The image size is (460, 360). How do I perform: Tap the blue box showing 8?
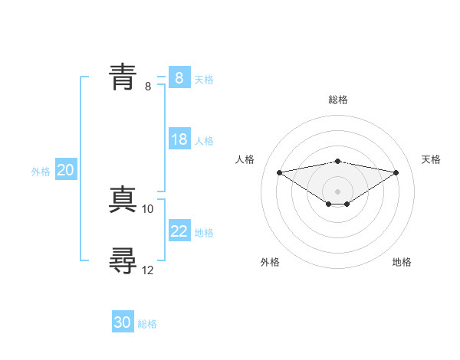(179, 78)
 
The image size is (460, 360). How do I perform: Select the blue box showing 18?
(179, 139)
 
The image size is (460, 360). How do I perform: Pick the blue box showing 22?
(179, 231)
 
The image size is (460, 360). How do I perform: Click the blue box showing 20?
(65, 171)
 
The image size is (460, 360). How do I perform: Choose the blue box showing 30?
(123, 322)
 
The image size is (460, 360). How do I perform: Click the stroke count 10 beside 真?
(148, 208)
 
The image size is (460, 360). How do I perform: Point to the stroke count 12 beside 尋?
(148, 270)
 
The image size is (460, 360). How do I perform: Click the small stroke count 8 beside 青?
(148, 86)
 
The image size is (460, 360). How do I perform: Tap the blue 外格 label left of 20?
(41, 172)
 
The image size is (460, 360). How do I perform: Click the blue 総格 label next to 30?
(147, 324)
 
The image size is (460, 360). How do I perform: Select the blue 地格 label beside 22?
(204, 233)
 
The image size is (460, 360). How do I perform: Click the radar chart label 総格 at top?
(337, 100)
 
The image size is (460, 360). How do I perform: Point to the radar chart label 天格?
(431, 159)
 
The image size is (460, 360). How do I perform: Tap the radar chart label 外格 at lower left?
(270, 262)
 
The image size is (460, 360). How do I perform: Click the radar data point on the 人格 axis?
(279, 172)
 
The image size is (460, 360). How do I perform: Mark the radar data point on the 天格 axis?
(396, 172)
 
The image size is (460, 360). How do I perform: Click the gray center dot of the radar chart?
(337, 191)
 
